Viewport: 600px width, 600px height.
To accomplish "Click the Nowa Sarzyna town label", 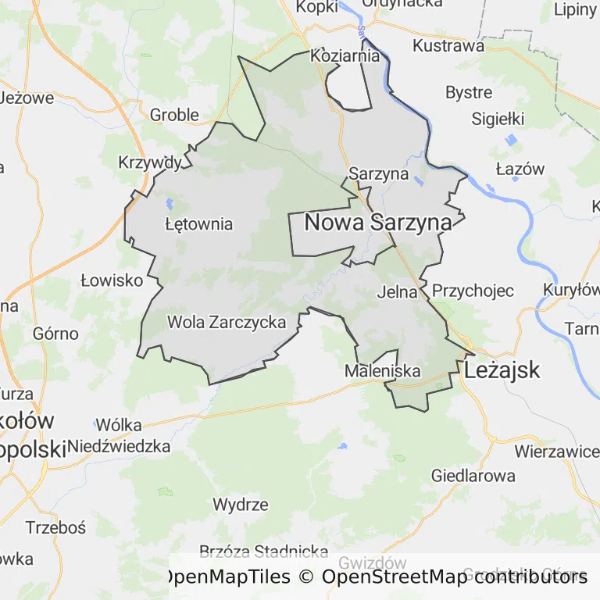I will coord(377,223).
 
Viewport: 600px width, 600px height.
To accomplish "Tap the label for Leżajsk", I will coord(502,370).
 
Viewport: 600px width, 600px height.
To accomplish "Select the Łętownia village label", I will coord(199,224).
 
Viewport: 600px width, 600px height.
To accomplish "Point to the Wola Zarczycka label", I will coord(227,322).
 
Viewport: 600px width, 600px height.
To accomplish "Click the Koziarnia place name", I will coord(345,56).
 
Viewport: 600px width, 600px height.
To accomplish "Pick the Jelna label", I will coord(398,293).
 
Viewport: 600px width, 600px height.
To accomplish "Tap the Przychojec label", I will coord(473,291).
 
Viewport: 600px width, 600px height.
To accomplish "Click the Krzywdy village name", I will coord(150,162).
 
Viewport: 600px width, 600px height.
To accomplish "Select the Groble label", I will coord(174,115).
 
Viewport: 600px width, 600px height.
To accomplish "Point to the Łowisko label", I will coord(112,280).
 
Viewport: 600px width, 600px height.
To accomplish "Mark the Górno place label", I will coord(55,334).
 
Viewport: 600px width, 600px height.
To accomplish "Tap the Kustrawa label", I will coord(448,45).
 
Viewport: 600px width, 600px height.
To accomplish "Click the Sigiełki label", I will coord(498,120).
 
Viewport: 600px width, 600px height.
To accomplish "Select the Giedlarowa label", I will coord(473,476).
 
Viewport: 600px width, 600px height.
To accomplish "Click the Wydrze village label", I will coord(241,505).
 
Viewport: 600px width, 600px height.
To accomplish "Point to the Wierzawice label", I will coord(556,452).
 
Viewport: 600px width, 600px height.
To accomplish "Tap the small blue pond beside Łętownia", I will coord(170,205).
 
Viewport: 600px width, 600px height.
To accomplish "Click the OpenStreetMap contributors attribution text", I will coord(455,577).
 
